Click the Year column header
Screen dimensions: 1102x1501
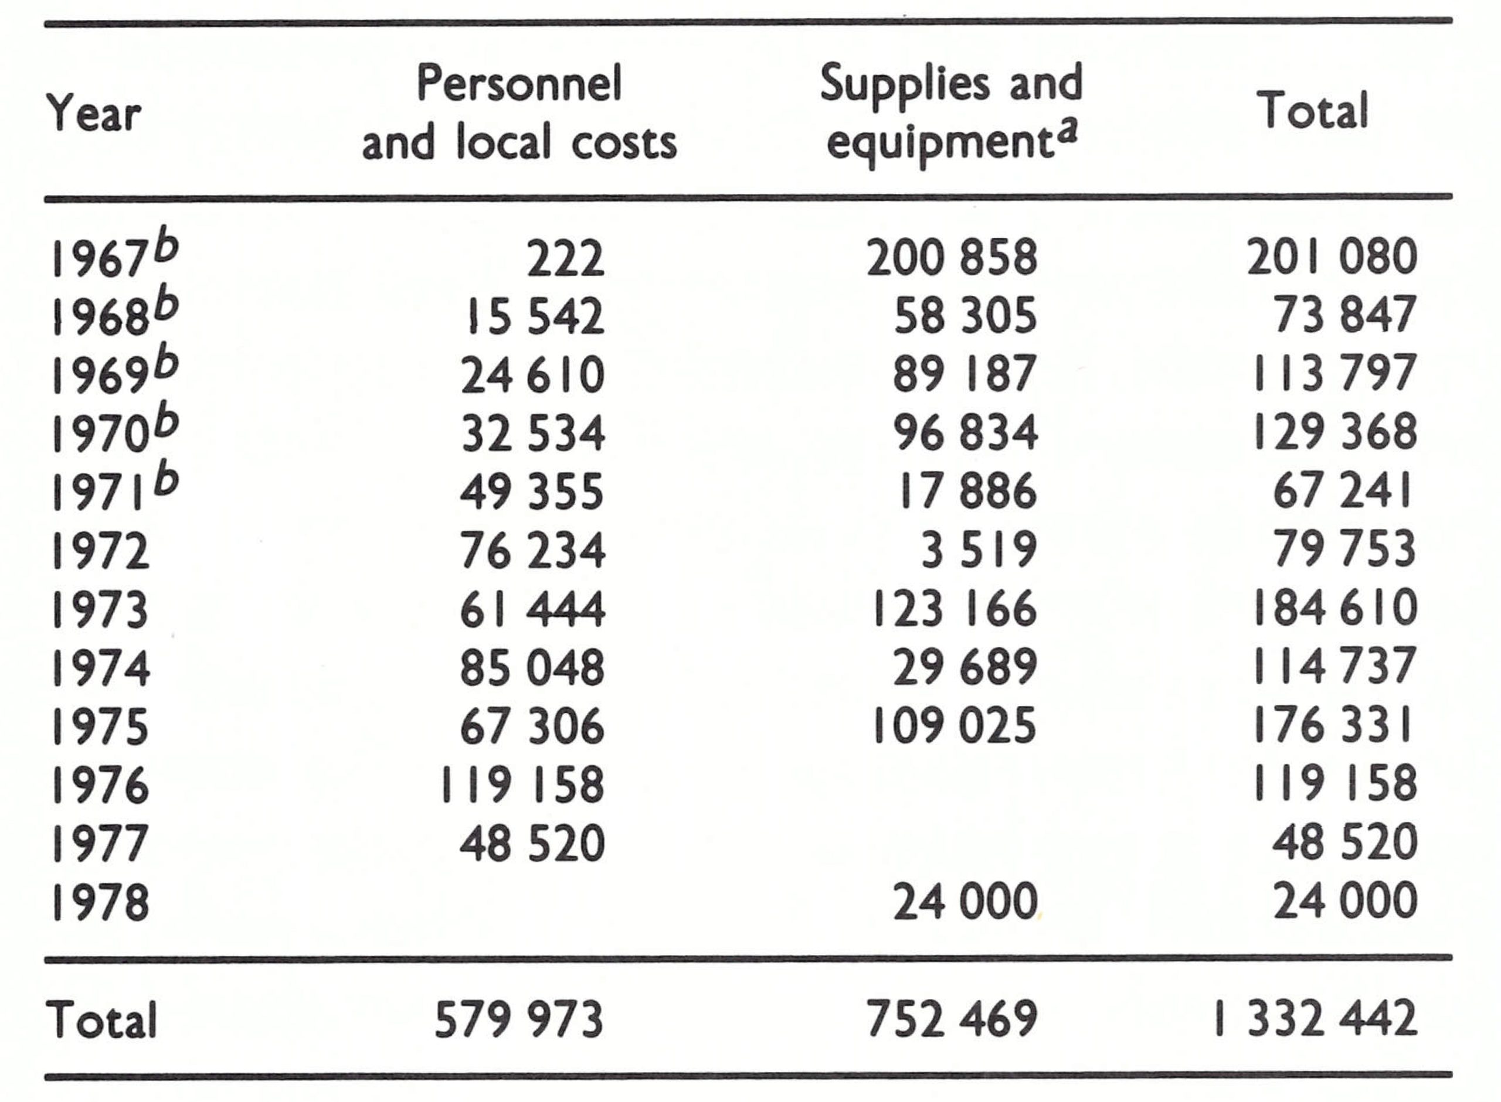pyautogui.click(x=93, y=114)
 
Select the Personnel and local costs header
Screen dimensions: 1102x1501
pyautogui.click(x=519, y=114)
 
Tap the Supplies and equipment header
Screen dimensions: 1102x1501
pyautogui.click(x=951, y=114)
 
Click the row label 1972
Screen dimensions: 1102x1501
pyautogui.click(x=100, y=551)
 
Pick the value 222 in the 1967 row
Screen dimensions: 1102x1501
pyautogui.click(x=565, y=258)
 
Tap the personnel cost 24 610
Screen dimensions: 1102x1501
pyautogui.click(x=532, y=374)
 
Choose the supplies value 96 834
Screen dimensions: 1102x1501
pyautogui.click(x=965, y=433)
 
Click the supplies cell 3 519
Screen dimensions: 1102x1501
pyautogui.click(x=979, y=551)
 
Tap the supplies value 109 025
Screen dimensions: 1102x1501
pyautogui.click(x=954, y=726)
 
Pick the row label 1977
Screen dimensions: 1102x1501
pyautogui.click(x=100, y=843)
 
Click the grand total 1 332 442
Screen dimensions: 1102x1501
pyautogui.click(x=1315, y=1019)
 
